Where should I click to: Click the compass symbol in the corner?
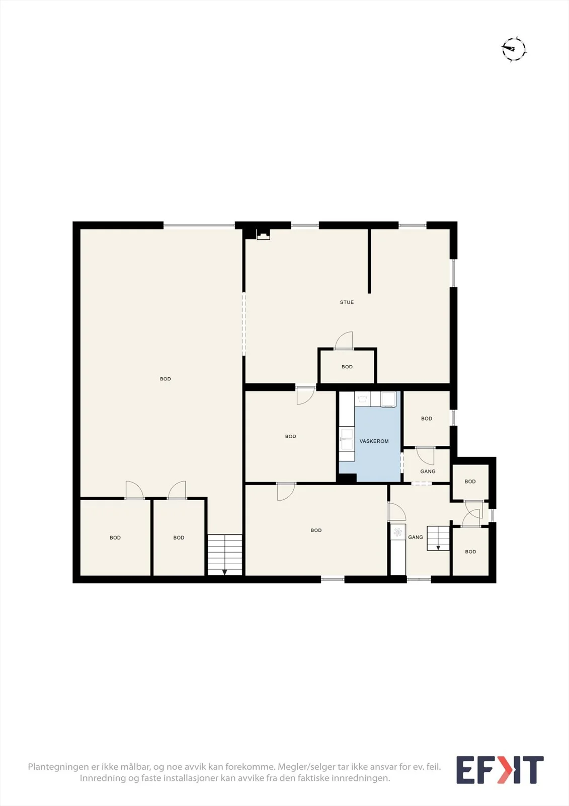(x=514, y=49)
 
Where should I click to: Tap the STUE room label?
(x=347, y=302)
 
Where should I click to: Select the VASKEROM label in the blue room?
(x=374, y=441)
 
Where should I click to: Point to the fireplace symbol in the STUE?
(x=263, y=235)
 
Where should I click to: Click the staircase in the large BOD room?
(x=225, y=555)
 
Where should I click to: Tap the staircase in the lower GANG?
(x=438, y=539)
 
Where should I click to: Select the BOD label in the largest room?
(x=166, y=379)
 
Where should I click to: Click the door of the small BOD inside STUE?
(x=344, y=341)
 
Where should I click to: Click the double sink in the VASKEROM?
(x=347, y=439)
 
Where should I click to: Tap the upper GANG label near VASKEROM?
(x=428, y=472)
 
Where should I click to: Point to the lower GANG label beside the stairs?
(x=416, y=537)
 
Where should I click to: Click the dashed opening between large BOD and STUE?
(x=243, y=324)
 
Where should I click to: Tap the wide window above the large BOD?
(x=199, y=226)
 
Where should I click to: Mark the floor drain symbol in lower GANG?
(x=397, y=532)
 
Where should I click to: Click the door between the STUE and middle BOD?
(x=305, y=395)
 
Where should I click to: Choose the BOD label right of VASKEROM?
(x=427, y=419)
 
